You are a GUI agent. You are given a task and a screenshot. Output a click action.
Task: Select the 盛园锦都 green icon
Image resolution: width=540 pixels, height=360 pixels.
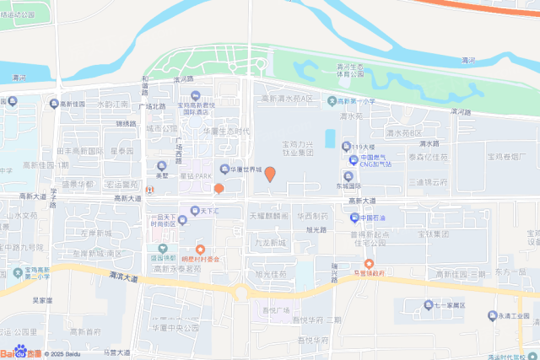tap(158, 248)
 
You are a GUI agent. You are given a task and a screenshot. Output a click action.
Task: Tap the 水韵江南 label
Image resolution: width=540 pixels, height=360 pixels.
tap(112, 105)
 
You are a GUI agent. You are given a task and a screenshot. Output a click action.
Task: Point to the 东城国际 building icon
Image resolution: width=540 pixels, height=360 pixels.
tap(348, 175)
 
